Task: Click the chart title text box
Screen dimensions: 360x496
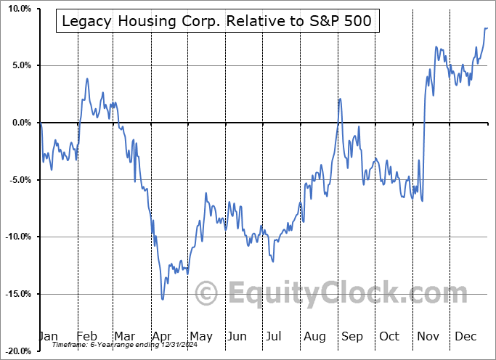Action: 216,22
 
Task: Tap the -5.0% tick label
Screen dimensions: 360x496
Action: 17,180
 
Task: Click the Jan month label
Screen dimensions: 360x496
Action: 47,337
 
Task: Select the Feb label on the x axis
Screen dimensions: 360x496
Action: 86,337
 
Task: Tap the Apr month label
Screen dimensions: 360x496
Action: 161,337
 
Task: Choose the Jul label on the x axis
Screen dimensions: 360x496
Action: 275,337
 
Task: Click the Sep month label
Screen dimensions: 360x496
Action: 351,337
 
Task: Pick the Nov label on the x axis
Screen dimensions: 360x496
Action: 428,337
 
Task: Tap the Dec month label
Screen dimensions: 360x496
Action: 465,337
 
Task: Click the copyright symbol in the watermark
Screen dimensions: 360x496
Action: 208,295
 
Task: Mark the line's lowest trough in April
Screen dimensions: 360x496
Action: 163,298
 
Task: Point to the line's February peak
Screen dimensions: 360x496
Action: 87,78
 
